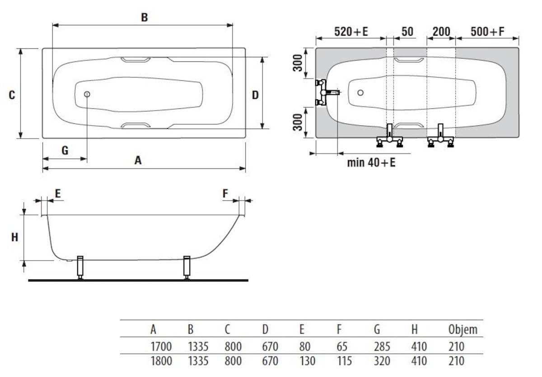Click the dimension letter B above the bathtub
click(x=144, y=18)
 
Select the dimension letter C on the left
click(x=12, y=95)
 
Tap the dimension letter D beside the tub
click(x=255, y=95)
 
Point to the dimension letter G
click(x=65, y=150)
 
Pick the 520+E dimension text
click(x=351, y=32)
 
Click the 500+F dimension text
click(x=487, y=32)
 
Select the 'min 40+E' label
click(x=371, y=163)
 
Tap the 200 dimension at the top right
click(x=441, y=32)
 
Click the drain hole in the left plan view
click(x=87, y=94)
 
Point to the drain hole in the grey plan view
click(x=360, y=93)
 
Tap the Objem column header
click(x=462, y=330)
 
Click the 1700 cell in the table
click(x=161, y=347)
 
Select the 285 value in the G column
click(x=382, y=347)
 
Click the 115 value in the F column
click(x=345, y=361)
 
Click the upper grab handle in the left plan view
click(x=136, y=60)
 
